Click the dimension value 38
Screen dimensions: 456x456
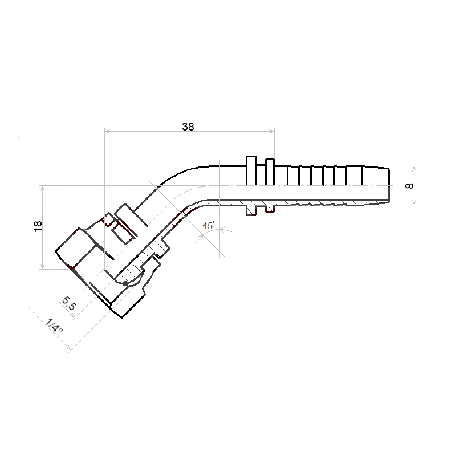[188, 127]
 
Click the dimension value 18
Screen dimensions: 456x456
[38, 226]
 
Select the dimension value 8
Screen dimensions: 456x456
[409, 186]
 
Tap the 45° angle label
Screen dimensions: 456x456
[209, 225]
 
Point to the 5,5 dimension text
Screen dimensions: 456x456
[69, 303]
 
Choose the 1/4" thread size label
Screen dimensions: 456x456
[54, 325]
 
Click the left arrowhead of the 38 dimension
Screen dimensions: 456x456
[107, 132]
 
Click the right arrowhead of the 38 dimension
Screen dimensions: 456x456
[272, 132]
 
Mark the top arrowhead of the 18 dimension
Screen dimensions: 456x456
[43, 188]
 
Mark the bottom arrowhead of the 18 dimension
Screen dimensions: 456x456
[43, 266]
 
